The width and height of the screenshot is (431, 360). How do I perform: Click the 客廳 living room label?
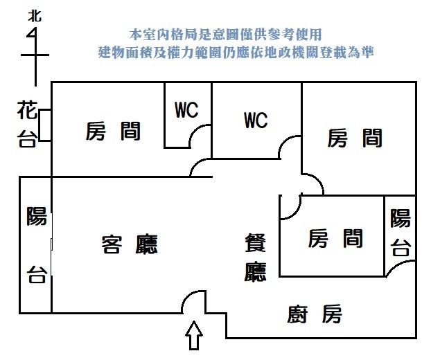coord(130,244)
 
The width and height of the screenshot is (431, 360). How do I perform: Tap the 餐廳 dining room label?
coord(256,258)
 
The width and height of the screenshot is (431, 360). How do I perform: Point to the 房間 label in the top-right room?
coord(354,138)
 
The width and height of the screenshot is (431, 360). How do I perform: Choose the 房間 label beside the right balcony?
coord(335,239)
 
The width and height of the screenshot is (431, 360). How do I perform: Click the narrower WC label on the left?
coord(186,110)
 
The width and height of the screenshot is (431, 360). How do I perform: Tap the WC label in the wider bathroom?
coord(256,120)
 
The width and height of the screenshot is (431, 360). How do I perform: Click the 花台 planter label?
coord(26,124)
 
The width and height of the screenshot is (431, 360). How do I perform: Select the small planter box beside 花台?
coord(45,125)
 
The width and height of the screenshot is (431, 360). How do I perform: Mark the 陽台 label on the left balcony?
coord(36,246)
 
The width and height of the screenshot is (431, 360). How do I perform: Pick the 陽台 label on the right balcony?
coord(400,233)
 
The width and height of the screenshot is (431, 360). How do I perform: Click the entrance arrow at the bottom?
coord(195,337)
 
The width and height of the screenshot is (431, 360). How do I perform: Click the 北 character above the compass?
coord(33,16)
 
